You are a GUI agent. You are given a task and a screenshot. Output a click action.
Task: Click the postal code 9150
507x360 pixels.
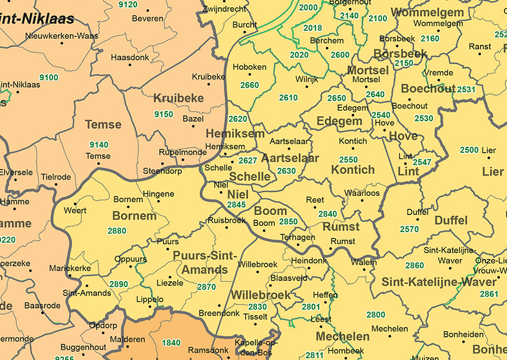click(x=163, y=115)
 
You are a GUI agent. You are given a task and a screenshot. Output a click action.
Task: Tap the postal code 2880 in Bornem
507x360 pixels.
click(x=117, y=231)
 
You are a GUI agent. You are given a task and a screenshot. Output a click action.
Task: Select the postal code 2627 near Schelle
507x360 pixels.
click(x=248, y=161)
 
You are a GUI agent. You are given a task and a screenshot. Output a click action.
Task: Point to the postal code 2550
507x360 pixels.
click(x=348, y=159)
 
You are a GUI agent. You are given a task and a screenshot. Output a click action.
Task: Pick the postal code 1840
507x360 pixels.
click(x=171, y=343)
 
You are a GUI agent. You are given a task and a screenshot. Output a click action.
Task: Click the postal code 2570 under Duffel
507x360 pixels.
click(x=409, y=229)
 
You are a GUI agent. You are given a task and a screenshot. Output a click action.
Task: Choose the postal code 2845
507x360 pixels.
click(x=236, y=205)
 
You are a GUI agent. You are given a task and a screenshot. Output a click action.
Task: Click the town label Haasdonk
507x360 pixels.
click(x=129, y=58)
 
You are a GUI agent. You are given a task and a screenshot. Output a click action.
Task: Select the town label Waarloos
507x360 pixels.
click(x=362, y=193)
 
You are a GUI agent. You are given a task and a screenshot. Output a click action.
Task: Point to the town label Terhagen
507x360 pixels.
click(x=297, y=237)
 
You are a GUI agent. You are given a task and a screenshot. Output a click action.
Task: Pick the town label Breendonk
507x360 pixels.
click(x=219, y=313)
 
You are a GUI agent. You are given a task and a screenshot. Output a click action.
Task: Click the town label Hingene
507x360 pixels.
click(x=159, y=194)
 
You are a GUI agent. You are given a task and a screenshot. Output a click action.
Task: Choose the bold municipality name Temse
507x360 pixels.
click(x=103, y=125)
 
